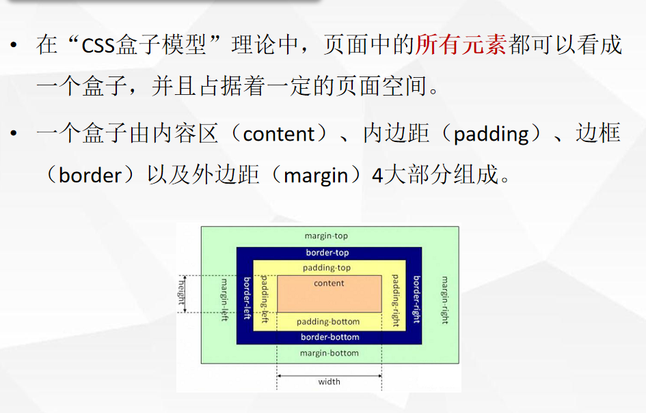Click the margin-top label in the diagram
click(326, 236)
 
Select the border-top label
click(327, 253)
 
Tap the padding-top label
click(327, 268)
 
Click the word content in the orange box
click(329, 283)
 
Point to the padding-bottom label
click(328, 322)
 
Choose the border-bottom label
click(329, 337)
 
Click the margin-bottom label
click(329, 354)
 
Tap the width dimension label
click(329, 382)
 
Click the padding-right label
click(394, 300)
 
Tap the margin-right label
click(444, 300)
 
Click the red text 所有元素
click(461, 46)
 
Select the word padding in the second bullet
click(492, 134)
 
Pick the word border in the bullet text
click(90, 175)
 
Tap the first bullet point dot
click(14, 46)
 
